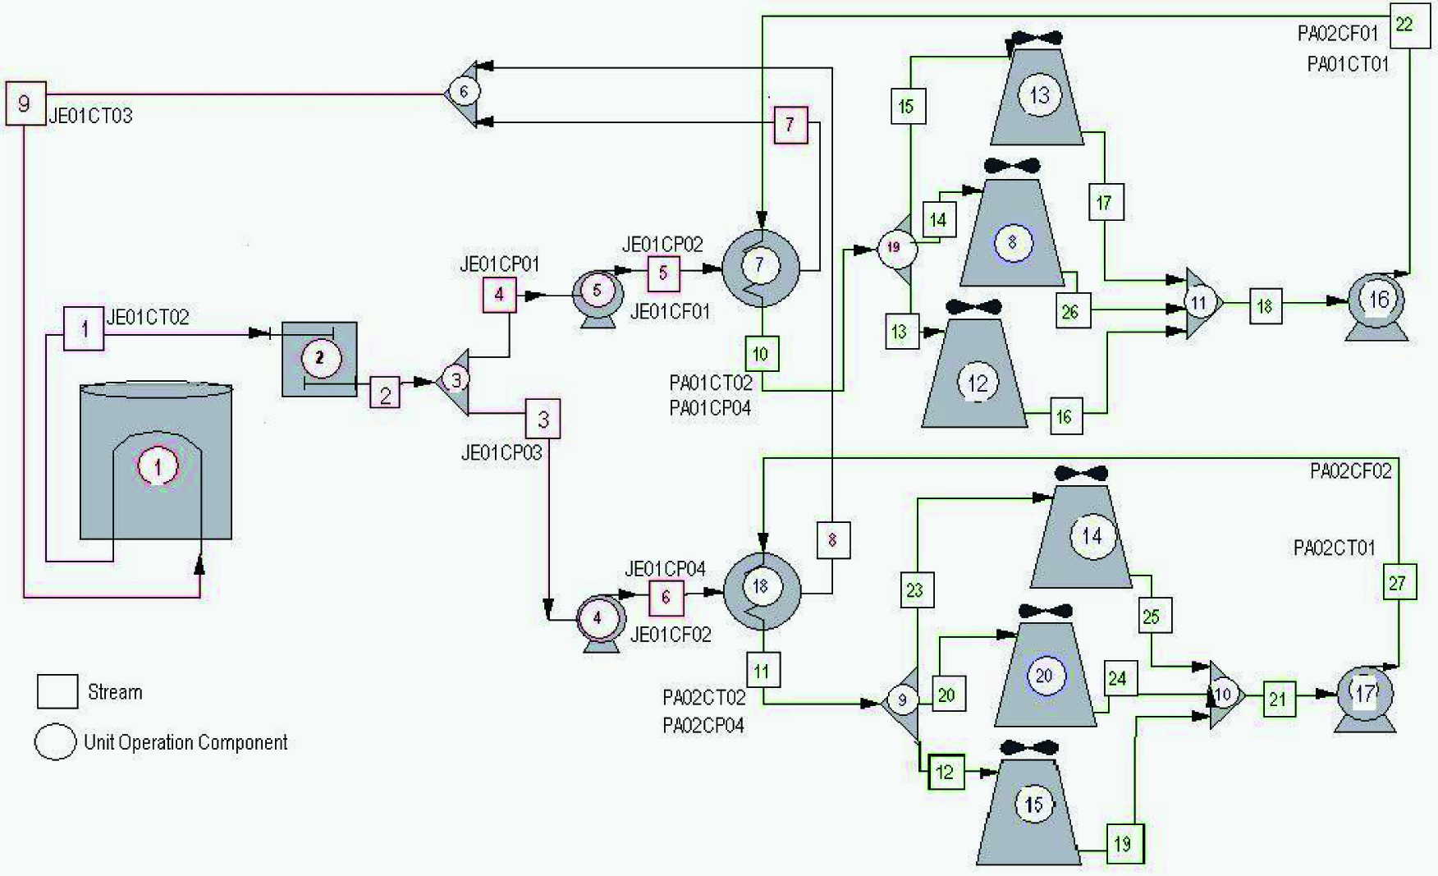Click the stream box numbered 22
click(1404, 25)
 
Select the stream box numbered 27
click(1398, 583)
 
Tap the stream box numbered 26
click(1069, 312)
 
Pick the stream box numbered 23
click(914, 589)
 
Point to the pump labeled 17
click(1364, 696)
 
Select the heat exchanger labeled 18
click(762, 586)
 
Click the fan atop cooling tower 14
click(1080, 474)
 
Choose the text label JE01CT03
click(90, 116)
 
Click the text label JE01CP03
click(501, 453)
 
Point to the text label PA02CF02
click(1350, 471)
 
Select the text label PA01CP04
click(710, 408)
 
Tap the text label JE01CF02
click(671, 634)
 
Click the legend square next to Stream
click(57, 691)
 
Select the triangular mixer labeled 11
click(1202, 303)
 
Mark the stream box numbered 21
click(1278, 699)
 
